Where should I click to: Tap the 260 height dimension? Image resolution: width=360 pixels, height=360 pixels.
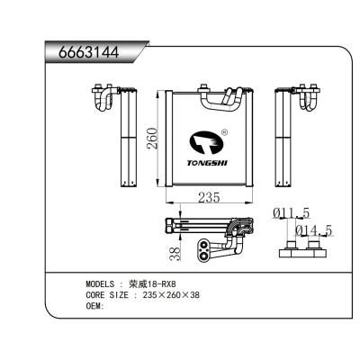(x=152, y=139)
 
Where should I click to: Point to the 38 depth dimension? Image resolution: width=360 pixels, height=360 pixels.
(x=175, y=254)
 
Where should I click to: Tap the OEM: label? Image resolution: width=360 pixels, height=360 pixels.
(x=94, y=305)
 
